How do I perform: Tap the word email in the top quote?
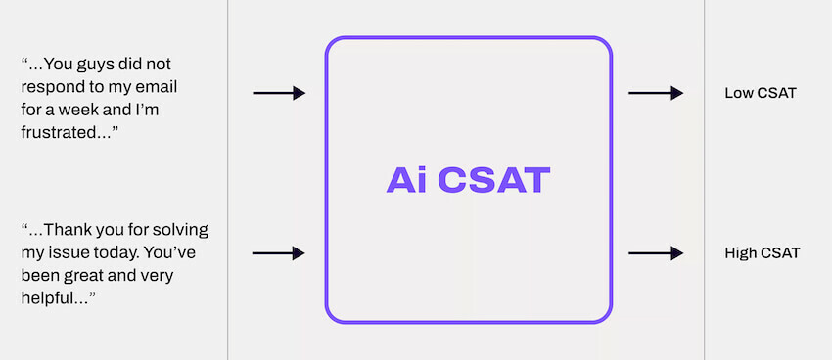pyautogui.click(x=156, y=86)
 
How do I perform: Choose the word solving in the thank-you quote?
pyautogui.click(x=179, y=230)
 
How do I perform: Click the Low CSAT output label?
pyautogui.click(x=761, y=94)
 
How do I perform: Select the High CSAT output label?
pyautogui.click(x=763, y=253)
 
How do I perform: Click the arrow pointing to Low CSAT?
pyautogui.click(x=656, y=93)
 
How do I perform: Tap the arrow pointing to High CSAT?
pyautogui.click(x=656, y=253)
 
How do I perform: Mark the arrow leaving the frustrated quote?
pyautogui.click(x=279, y=93)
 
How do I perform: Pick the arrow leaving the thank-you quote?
pyautogui.click(x=279, y=253)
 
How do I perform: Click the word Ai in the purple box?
pyautogui.click(x=404, y=180)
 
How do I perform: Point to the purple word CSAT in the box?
pyautogui.click(x=493, y=180)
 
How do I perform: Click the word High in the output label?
pyautogui.click(x=741, y=253)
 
